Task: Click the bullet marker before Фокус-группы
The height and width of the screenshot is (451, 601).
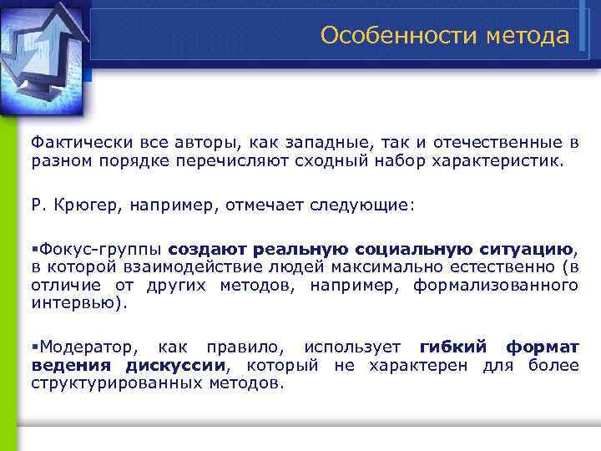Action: coord(35,249)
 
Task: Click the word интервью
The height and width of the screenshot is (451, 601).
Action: coord(77,303)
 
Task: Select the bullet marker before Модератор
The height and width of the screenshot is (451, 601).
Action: coord(35,347)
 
